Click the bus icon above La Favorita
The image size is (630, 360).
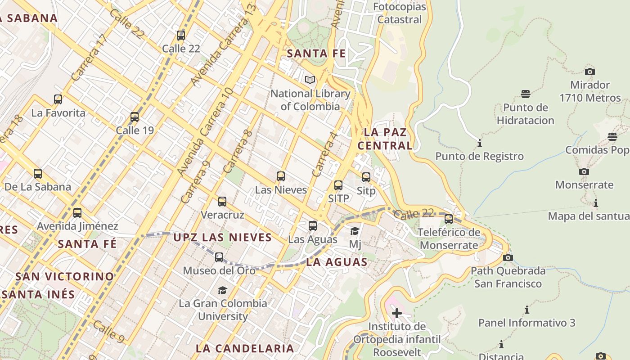coord(58,99)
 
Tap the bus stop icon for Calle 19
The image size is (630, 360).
coord(134,117)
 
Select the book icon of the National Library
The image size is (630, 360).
coord(310,80)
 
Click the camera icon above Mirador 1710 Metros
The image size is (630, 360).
coord(589,72)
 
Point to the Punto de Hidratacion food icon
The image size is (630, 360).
coord(525,94)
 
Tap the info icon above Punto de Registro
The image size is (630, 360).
coord(479,144)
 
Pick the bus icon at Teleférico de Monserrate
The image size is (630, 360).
coord(448,219)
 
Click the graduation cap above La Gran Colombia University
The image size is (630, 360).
coord(222,290)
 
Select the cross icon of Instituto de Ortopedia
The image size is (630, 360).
coord(396,313)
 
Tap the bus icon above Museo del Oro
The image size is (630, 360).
coord(219,257)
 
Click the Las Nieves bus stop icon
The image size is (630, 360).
coord(281,176)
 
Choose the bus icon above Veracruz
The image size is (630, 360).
coord(222,202)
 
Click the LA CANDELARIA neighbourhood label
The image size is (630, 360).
coord(245,348)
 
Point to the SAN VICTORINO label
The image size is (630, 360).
coord(65,276)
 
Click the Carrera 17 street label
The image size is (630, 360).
coord(90,58)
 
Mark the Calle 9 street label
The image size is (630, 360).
coord(108,331)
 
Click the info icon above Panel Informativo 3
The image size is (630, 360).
coord(526,310)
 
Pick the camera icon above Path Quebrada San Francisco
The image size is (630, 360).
coord(508,258)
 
